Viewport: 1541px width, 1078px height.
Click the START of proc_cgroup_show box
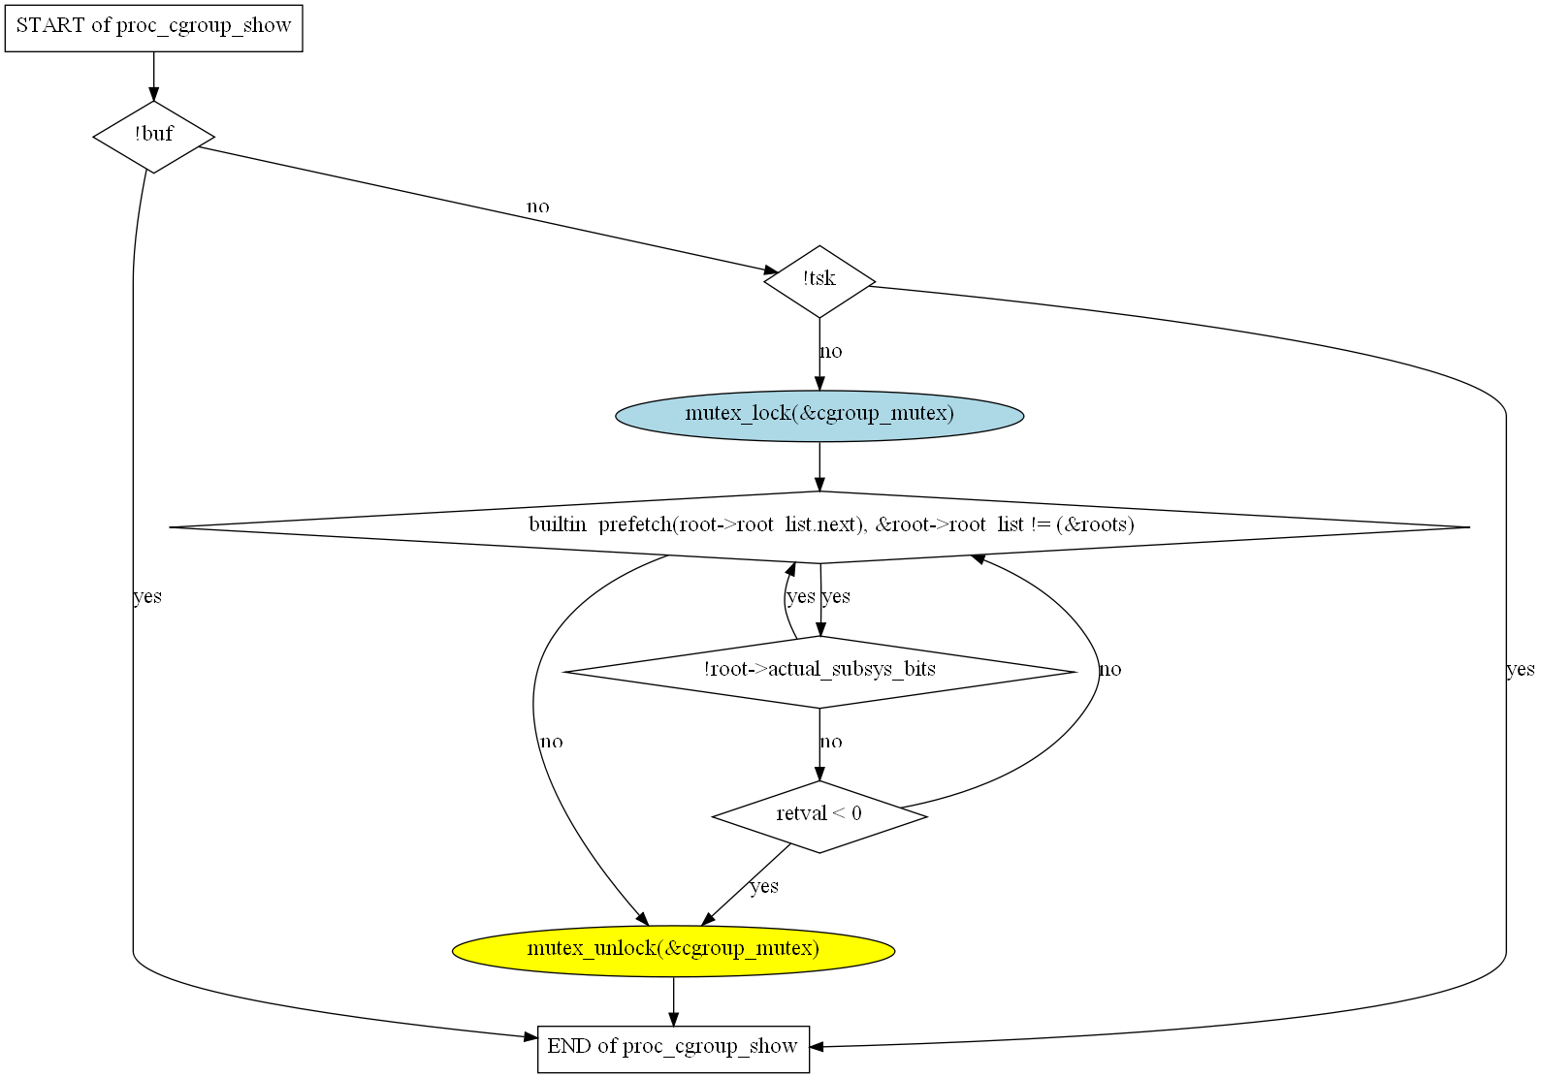(153, 26)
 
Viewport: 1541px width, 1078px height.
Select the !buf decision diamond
(153, 137)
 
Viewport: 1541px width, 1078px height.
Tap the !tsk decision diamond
(819, 281)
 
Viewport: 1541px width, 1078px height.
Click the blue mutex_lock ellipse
(819, 415)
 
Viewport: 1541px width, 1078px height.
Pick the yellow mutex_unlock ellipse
(673, 950)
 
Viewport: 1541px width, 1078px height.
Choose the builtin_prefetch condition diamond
(819, 526)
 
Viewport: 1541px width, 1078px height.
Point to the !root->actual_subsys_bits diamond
(819, 671)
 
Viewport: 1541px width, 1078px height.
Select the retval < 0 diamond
(819, 816)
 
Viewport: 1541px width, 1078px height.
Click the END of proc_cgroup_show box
(673, 1048)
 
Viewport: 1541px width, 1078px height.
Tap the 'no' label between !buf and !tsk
(537, 206)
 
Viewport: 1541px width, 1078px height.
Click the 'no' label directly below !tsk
(831, 352)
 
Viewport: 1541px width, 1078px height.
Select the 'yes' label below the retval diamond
(764, 886)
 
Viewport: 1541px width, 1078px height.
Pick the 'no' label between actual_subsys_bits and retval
(831, 743)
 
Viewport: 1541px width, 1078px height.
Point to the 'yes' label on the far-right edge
(1520, 669)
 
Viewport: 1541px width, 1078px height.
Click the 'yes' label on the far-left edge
(147, 596)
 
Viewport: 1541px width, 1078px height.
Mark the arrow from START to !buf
(153, 76)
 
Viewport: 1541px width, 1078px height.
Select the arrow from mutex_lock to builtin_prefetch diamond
(819, 466)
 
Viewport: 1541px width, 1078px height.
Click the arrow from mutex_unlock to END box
(673, 1000)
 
